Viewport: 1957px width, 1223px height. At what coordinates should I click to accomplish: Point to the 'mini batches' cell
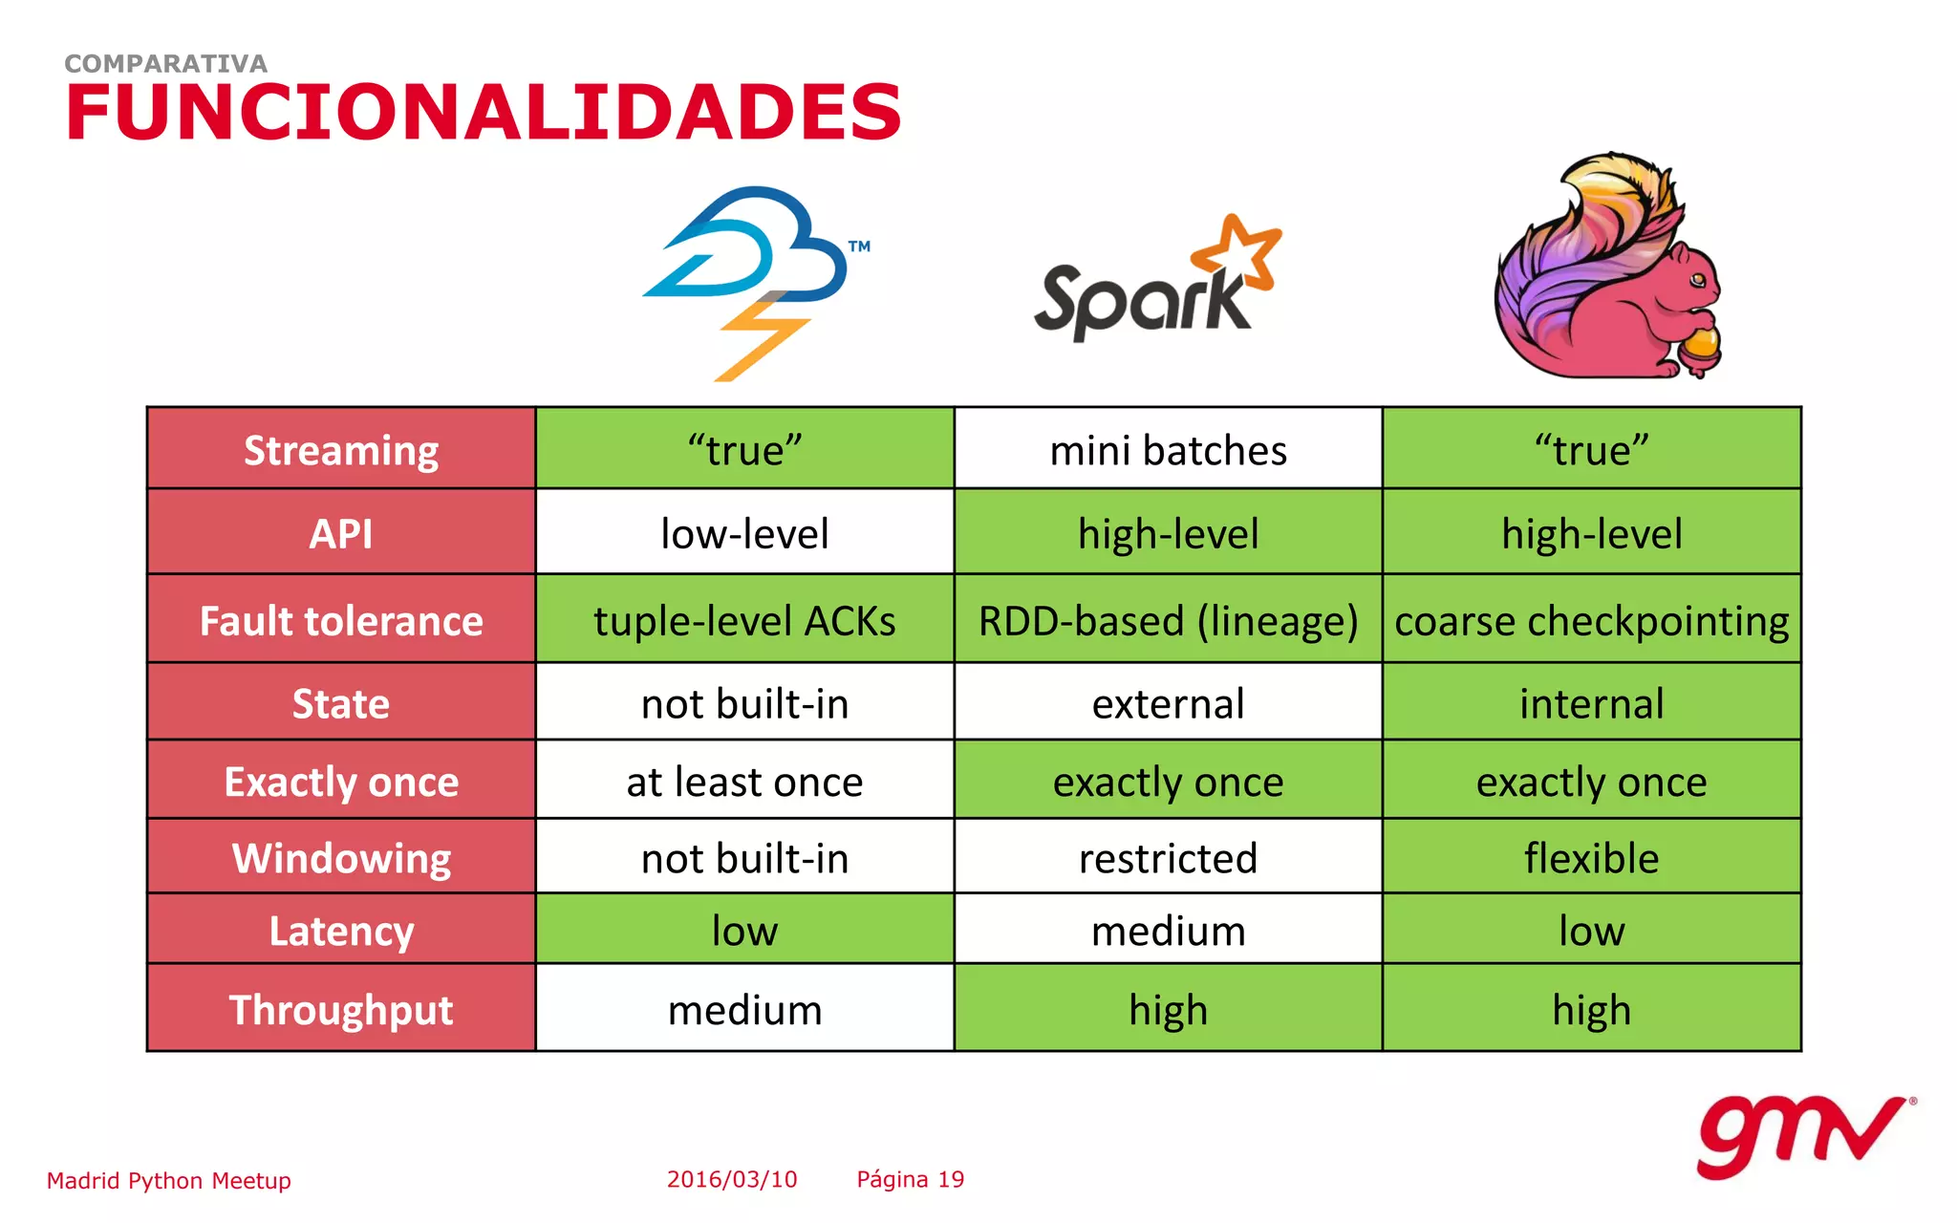click(x=1168, y=450)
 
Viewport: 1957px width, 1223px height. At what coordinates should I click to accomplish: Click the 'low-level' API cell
click(x=744, y=533)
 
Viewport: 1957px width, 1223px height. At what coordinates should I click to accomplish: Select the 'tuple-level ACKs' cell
click(x=744, y=621)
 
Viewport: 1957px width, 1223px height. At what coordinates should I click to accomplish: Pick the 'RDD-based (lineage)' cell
click(x=1168, y=621)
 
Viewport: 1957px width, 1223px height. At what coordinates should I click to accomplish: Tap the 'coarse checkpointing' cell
click(x=1591, y=621)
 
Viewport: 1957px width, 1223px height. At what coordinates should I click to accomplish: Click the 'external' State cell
click(x=1168, y=704)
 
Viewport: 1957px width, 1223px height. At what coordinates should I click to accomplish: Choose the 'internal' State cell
click(x=1591, y=704)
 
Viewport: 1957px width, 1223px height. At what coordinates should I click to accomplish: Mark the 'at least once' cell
click(x=744, y=782)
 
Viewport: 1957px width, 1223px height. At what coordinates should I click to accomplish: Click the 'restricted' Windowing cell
click(x=1168, y=858)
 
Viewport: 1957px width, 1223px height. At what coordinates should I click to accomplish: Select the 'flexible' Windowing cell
click(x=1591, y=858)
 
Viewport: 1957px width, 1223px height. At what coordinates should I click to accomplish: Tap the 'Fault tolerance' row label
click(x=341, y=621)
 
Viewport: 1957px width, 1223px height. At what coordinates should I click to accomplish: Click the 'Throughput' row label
click(x=341, y=1010)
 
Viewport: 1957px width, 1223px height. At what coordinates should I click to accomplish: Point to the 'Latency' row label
click(x=341, y=931)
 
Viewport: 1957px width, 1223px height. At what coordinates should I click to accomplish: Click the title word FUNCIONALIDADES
click(x=484, y=112)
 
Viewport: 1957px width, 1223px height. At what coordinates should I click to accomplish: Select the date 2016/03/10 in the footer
click(x=732, y=1180)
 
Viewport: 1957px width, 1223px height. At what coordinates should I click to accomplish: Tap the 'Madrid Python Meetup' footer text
click(x=169, y=1181)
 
